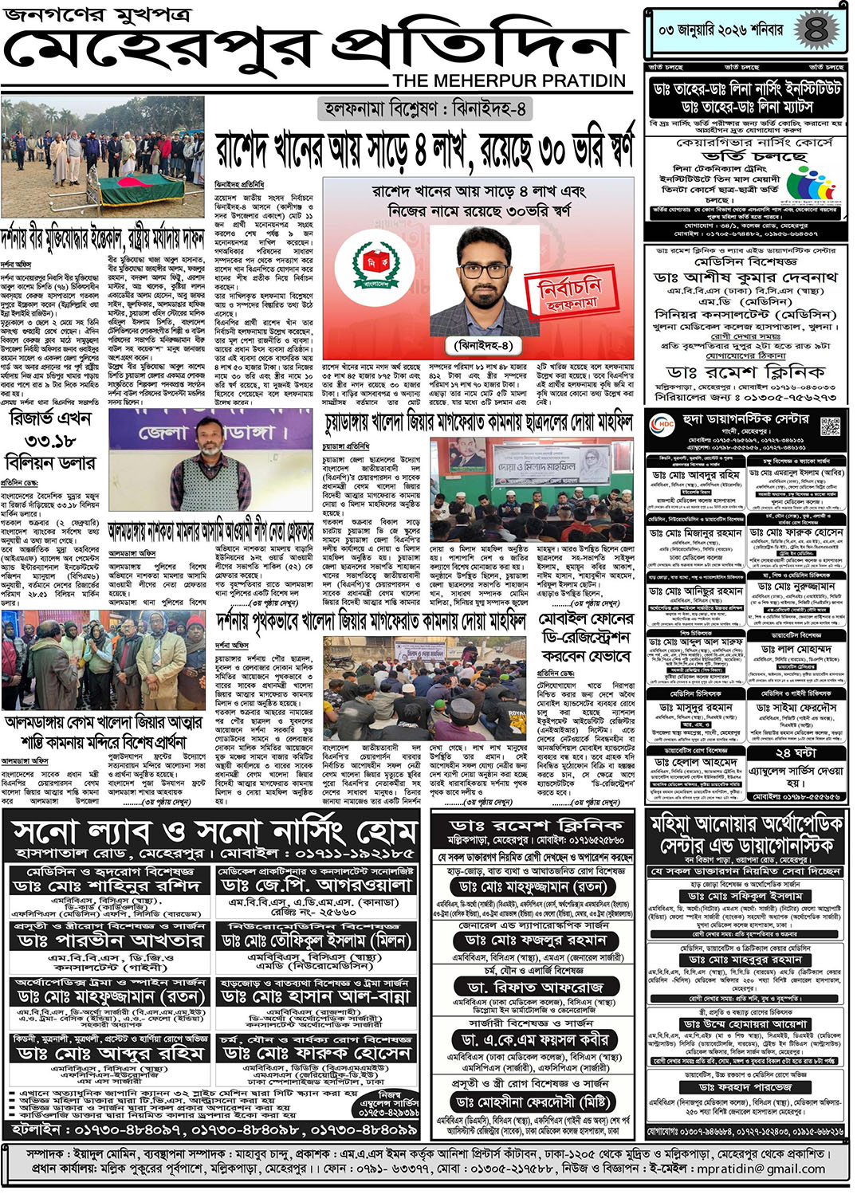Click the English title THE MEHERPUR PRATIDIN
point(509,81)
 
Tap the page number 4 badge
point(815,30)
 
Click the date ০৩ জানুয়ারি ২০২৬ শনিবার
point(720,31)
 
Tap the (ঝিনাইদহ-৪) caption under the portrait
point(482,345)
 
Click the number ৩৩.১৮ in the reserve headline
point(51,442)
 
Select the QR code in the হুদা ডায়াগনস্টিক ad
point(829,426)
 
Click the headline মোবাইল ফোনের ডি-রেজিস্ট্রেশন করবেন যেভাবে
point(586,637)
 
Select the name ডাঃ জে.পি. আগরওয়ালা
point(316,886)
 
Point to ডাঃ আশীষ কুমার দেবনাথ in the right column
point(745,277)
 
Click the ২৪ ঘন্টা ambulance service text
point(795,752)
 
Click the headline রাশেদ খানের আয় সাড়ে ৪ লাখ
point(425,149)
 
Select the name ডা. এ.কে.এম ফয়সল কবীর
point(534,1040)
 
